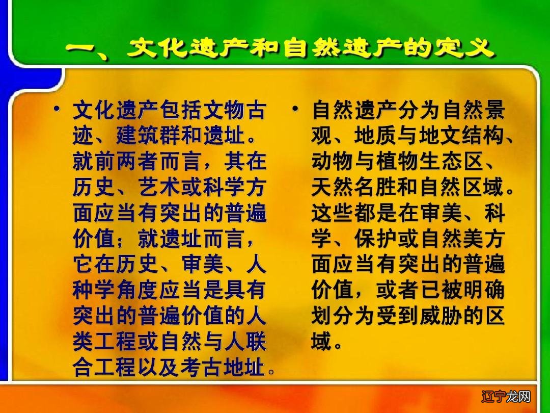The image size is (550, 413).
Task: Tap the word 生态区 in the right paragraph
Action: (461, 163)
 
